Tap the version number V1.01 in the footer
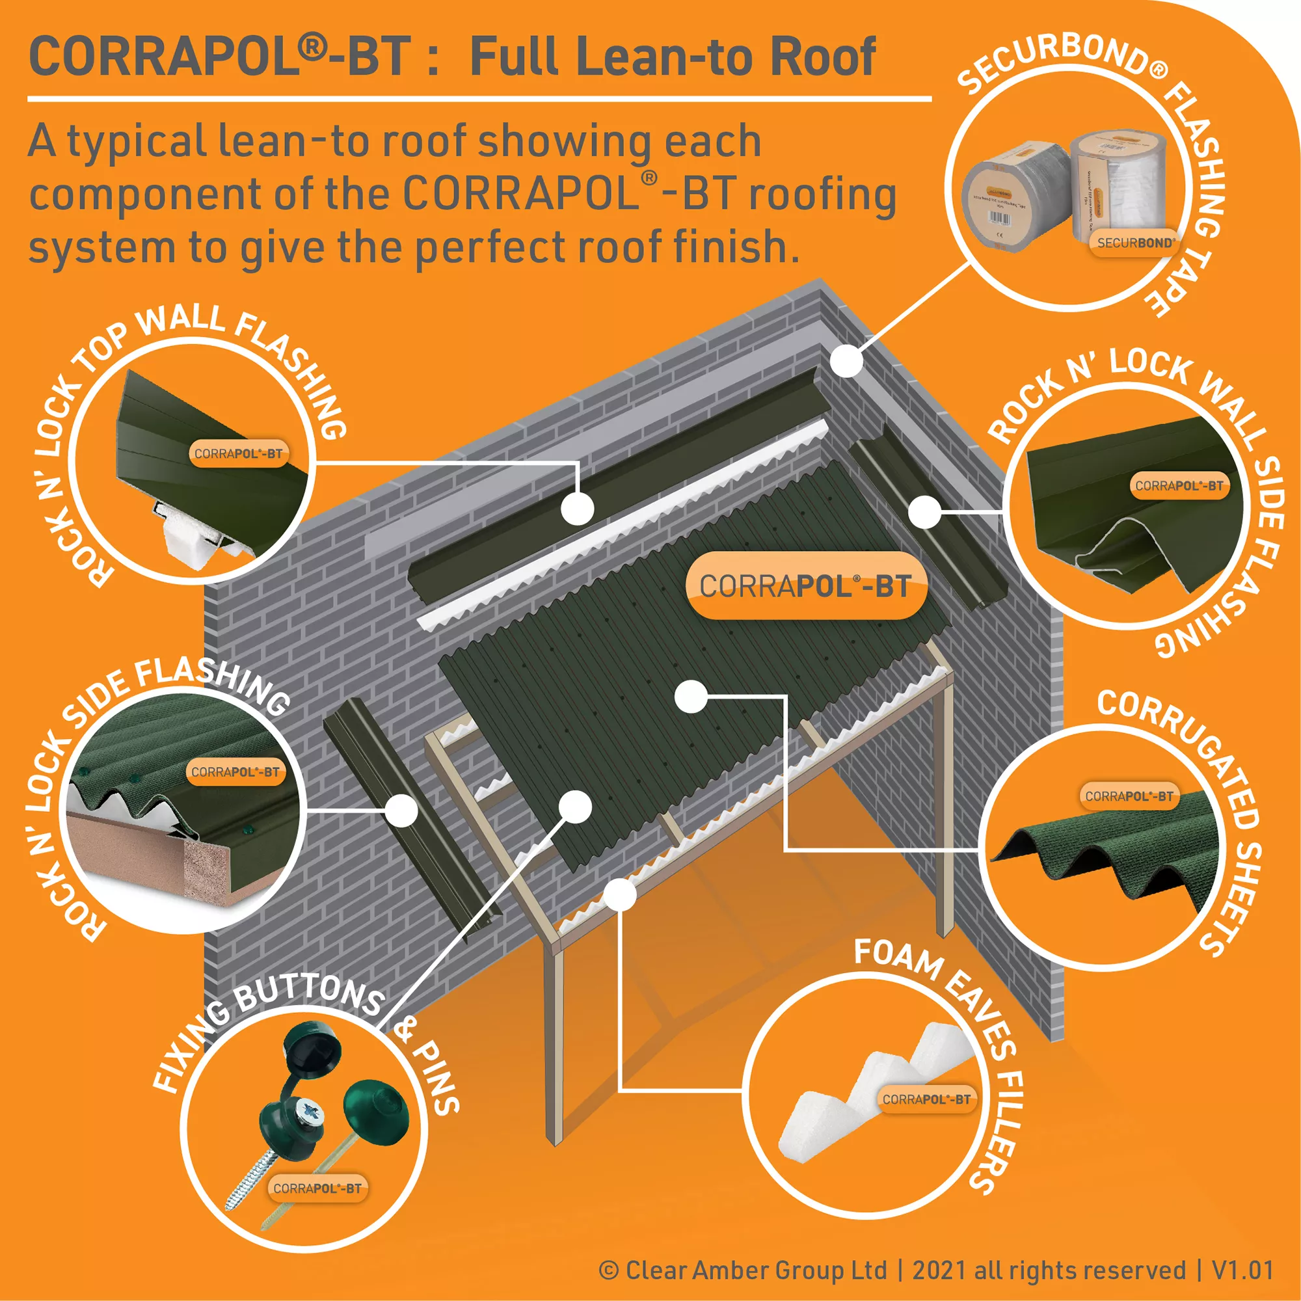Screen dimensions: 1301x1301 [x=1242, y=1270]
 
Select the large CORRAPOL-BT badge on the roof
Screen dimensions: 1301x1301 [x=805, y=586]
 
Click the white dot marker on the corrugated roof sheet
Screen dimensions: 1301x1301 [x=691, y=697]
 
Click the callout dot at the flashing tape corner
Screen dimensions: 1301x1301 [x=846, y=361]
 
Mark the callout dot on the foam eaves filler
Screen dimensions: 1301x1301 [x=619, y=894]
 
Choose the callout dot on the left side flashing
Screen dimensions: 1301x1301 [x=402, y=811]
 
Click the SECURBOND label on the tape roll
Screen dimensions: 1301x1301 [x=1135, y=243]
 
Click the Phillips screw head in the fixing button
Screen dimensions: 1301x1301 [x=309, y=1109]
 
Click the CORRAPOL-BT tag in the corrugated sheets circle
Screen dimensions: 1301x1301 [x=1129, y=796]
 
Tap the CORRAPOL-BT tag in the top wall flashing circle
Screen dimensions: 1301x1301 [x=238, y=453]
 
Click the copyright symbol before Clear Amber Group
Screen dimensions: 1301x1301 [x=608, y=1270]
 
